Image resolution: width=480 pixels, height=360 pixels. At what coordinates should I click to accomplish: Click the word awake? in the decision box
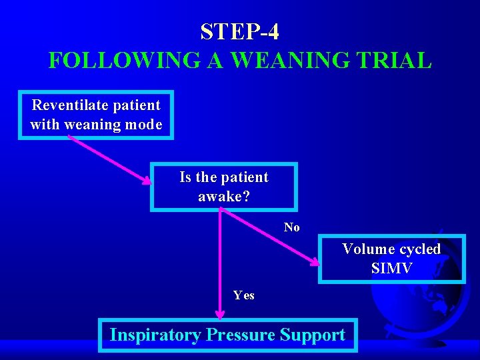[x=223, y=197]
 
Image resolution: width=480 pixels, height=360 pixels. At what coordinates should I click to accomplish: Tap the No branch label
[x=291, y=227]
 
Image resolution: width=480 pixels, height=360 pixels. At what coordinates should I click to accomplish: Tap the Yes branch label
[x=243, y=295]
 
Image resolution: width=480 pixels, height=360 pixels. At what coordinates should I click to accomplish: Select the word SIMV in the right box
[x=391, y=269]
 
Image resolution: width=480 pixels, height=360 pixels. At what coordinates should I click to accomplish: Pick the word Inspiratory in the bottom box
[x=155, y=335]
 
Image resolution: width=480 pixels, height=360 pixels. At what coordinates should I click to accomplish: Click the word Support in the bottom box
[x=313, y=335]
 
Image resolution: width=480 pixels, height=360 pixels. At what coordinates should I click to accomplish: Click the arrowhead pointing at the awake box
[x=146, y=180]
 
